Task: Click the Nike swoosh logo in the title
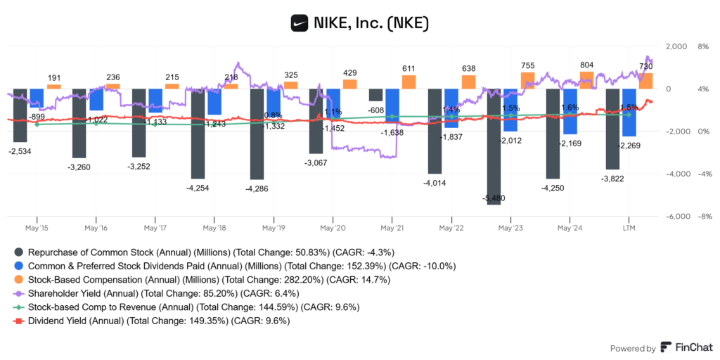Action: [300, 23]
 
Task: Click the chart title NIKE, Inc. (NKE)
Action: [371, 23]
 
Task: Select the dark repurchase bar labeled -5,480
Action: [494, 146]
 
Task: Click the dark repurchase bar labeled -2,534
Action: [20, 115]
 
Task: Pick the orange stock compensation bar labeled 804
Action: [586, 80]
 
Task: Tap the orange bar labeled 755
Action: [527, 80]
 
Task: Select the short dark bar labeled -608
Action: [376, 95]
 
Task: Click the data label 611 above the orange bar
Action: [409, 68]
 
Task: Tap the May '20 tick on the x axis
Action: [332, 228]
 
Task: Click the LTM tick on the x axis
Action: [629, 228]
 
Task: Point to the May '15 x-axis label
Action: [36, 228]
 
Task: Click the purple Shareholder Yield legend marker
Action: [19, 293]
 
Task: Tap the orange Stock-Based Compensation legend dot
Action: [19, 279]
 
